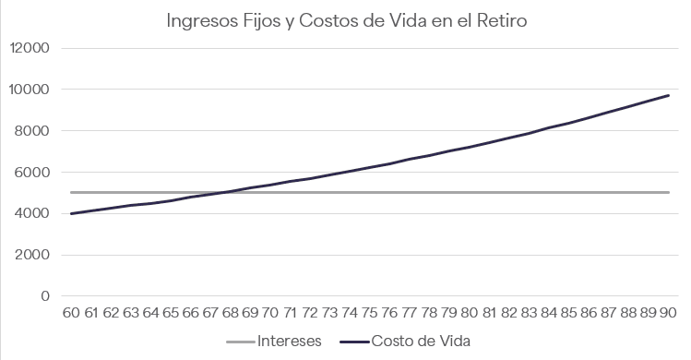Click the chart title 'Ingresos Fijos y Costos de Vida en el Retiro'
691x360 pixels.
tap(346, 20)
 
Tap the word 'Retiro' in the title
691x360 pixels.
tap(502, 20)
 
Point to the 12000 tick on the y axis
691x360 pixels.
tap(30, 48)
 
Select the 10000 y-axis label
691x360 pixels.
tap(30, 90)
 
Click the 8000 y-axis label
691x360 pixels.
tap(31, 130)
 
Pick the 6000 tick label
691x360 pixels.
tap(31, 172)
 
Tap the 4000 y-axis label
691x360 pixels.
tap(31, 213)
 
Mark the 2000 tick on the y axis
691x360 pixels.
tap(32, 255)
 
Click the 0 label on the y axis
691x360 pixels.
tap(45, 296)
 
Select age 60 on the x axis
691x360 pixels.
tap(71, 312)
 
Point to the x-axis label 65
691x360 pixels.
tap(171, 312)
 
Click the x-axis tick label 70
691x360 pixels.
tap(270, 312)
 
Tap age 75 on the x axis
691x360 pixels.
tap(370, 312)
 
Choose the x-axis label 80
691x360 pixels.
tap(470, 312)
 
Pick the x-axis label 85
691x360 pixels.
tap(569, 312)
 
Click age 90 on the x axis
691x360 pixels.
tap(668, 312)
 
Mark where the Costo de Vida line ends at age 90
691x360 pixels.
tap(669, 95)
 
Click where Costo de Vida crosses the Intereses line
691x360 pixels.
tap(220, 192)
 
